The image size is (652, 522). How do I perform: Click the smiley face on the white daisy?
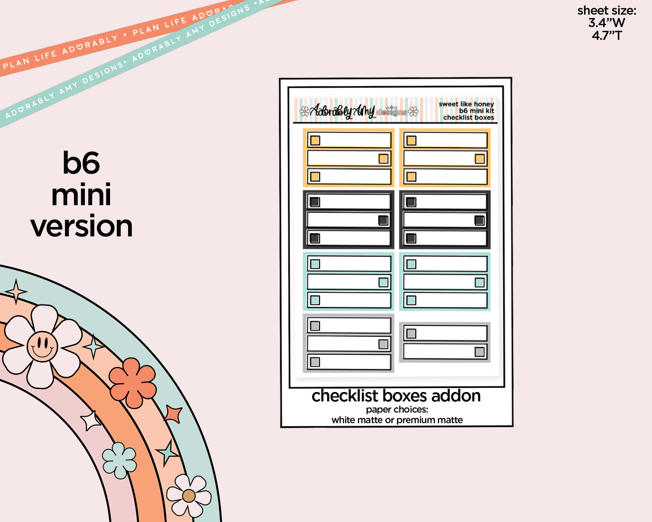[42, 347]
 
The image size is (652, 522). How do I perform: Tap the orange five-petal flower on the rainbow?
[133, 383]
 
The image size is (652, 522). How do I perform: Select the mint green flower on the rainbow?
[120, 460]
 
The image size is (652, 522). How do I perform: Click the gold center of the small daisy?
[189, 496]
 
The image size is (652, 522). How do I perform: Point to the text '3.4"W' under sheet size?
[606, 23]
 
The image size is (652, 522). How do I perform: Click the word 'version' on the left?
[82, 226]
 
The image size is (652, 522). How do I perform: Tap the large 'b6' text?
[81, 163]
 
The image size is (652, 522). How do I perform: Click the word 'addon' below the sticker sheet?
[456, 396]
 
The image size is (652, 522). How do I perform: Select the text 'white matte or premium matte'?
[397, 420]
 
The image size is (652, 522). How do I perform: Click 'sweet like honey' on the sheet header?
[466, 104]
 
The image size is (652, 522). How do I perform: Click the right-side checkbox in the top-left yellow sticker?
[384, 158]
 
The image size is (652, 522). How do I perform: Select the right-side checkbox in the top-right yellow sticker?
[480, 158]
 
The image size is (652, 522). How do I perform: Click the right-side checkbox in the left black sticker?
[384, 220]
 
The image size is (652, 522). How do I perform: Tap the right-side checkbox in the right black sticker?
[480, 220]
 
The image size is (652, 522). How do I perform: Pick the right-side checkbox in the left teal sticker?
[384, 282]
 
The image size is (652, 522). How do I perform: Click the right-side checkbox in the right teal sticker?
[480, 282]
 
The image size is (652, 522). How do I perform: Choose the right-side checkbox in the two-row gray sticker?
[480, 352]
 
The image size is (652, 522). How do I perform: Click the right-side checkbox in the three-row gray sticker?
[384, 344]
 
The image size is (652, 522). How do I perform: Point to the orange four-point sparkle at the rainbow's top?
[17, 291]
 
